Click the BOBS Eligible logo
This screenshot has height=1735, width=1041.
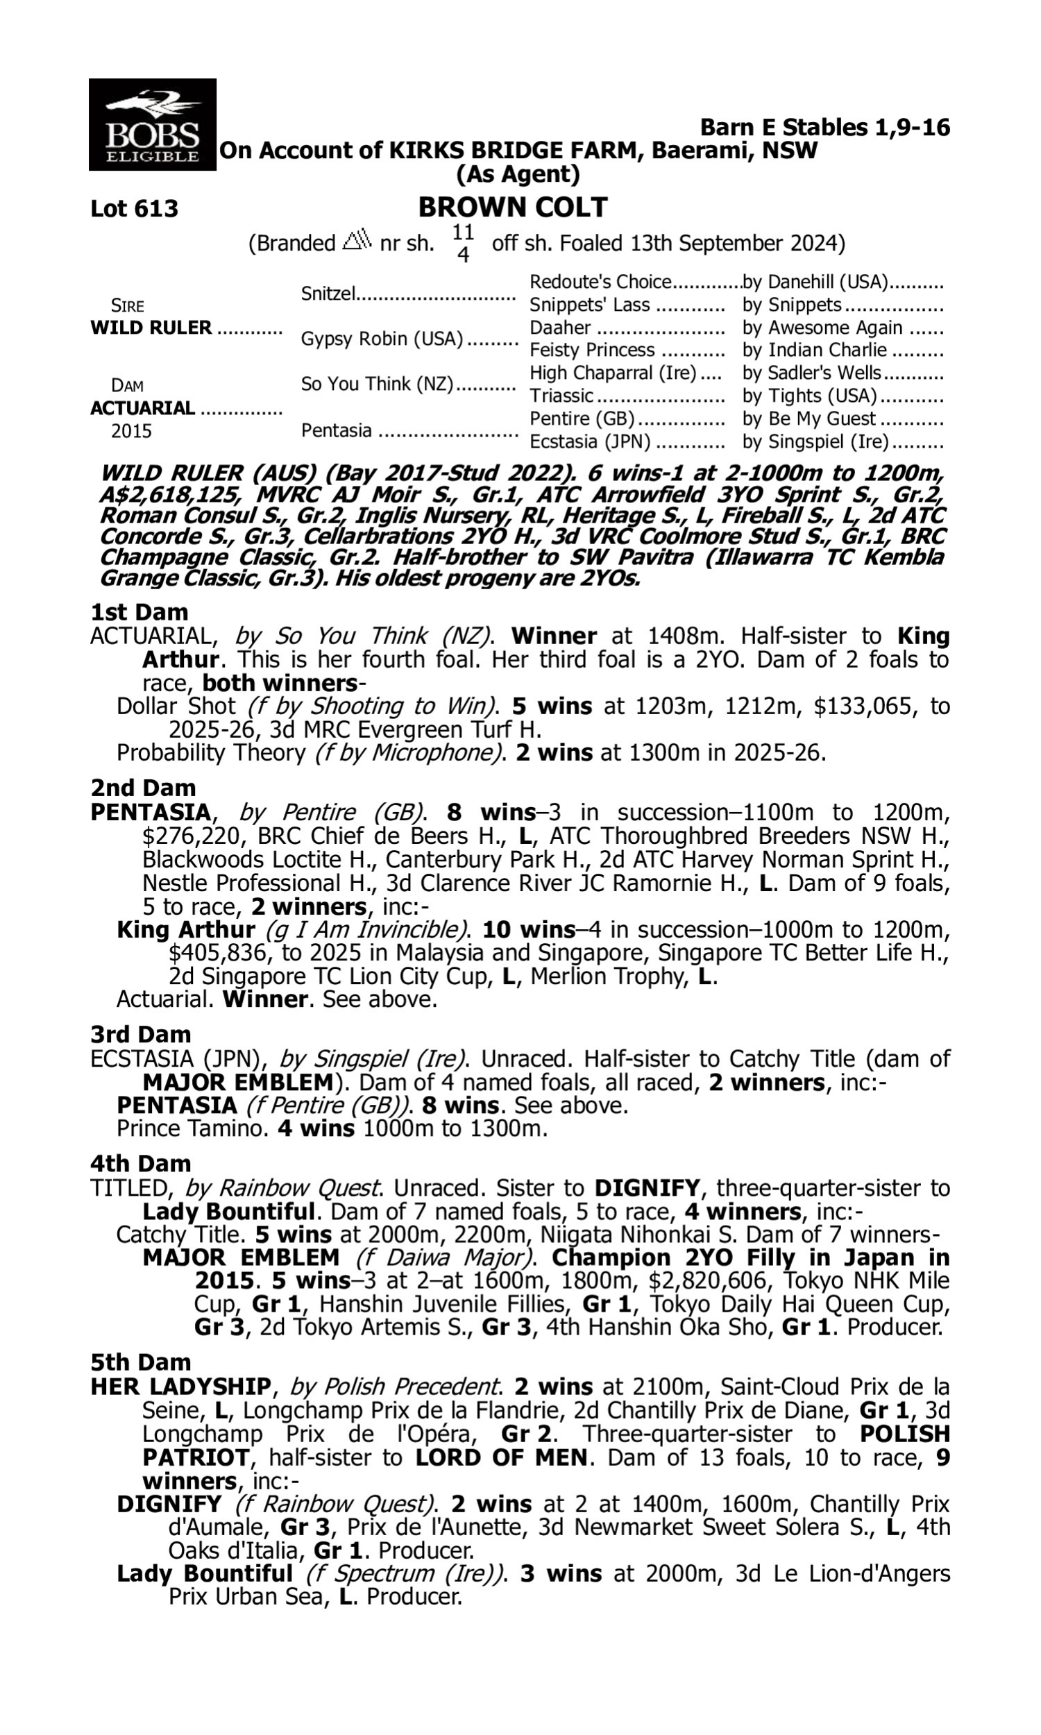click(x=152, y=125)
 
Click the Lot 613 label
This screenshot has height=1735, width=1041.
click(x=134, y=209)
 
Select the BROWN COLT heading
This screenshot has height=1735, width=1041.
click(x=513, y=208)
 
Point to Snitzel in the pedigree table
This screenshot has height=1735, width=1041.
click(x=328, y=294)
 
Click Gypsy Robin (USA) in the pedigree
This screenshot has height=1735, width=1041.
click(x=382, y=339)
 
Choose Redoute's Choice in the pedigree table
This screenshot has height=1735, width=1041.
click(x=600, y=282)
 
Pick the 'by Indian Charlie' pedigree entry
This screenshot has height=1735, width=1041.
click(x=815, y=350)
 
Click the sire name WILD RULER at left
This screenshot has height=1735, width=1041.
click(x=151, y=328)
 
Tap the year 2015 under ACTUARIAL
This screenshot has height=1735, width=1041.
click(x=131, y=430)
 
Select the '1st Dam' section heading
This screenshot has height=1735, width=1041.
click(x=139, y=612)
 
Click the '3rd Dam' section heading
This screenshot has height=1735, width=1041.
click(x=141, y=1035)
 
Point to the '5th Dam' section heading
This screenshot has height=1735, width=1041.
click(x=140, y=1362)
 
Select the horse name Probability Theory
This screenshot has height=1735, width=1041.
click(x=210, y=752)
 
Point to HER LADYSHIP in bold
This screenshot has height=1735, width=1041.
click(x=180, y=1387)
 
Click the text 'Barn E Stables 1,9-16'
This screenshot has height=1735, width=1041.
click(x=825, y=128)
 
